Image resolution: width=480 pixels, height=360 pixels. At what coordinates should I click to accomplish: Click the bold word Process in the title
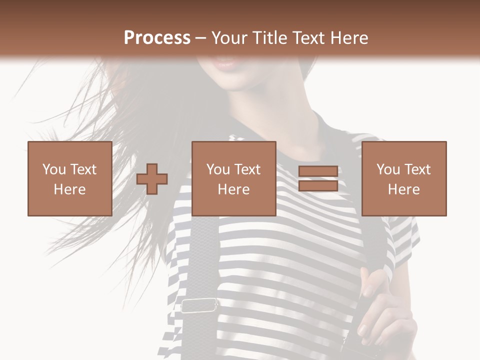point(157,38)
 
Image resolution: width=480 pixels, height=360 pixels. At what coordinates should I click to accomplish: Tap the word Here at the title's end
point(348,38)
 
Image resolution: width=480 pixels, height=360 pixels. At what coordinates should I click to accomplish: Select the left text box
point(69,178)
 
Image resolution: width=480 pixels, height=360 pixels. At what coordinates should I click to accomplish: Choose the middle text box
point(233,178)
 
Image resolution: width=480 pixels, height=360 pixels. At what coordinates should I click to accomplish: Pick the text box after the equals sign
point(403,178)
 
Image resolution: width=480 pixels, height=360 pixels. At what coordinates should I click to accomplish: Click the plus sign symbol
point(152,178)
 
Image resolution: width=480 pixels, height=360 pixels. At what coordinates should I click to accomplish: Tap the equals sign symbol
point(318,178)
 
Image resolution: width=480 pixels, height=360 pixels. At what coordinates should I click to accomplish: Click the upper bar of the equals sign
point(318,171)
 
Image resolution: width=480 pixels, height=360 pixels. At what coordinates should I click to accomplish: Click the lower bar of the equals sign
point(318,186)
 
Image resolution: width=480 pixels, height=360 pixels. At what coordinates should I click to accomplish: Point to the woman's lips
point(225,63)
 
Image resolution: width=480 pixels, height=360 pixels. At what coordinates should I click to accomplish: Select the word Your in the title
point(229,38)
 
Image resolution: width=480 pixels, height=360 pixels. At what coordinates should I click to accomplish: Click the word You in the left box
point(53,169)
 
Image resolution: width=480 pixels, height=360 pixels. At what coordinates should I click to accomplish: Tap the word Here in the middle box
point(233,189)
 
